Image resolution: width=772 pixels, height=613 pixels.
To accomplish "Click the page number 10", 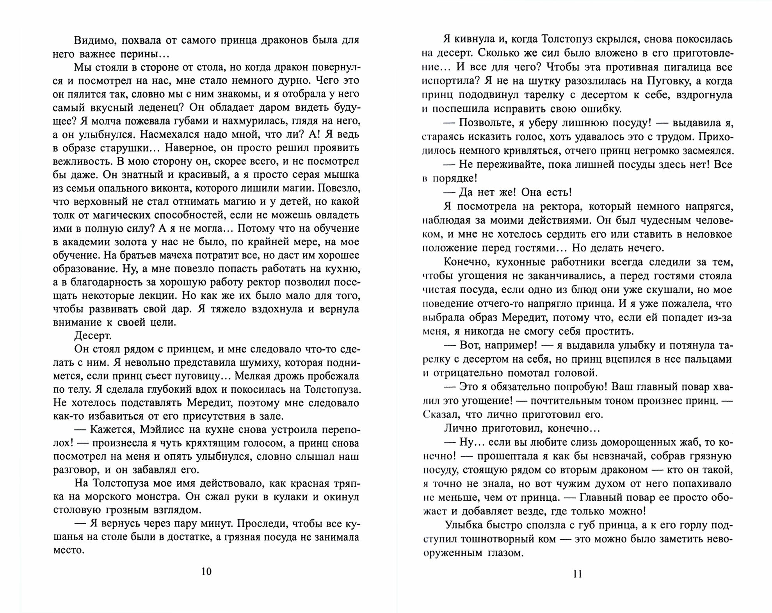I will (x=206, y=571).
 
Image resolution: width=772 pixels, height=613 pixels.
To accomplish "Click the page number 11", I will (x=578, y=574).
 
